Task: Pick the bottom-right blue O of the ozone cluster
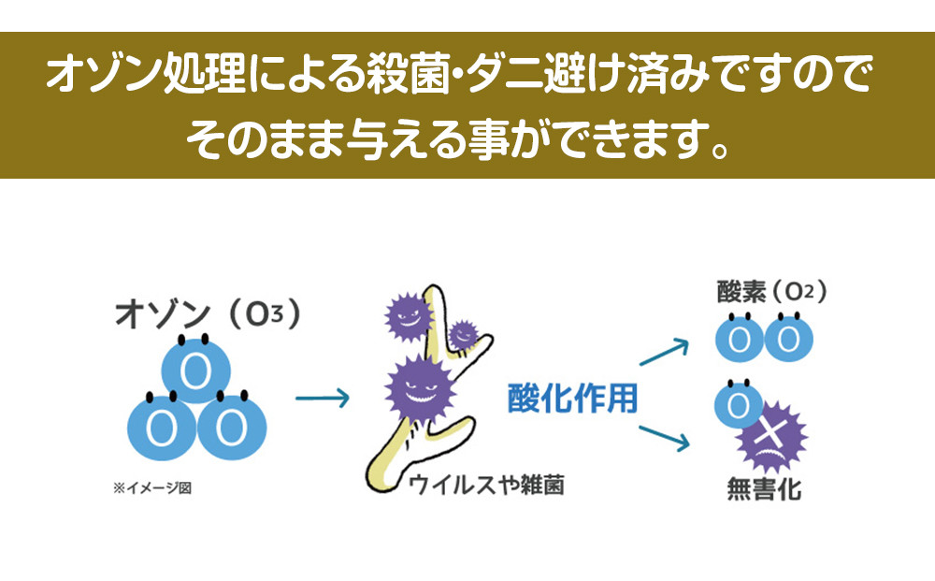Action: [229, 426]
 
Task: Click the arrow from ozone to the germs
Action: [322, 399]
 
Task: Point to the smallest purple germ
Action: [463, 333]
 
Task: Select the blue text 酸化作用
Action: [572, 399]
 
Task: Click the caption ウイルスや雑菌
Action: [485, 486]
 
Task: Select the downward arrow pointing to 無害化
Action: [664, 439]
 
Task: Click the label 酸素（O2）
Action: [770, 293]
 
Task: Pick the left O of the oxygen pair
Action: [740, 339]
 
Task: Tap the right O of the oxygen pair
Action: [787, 339]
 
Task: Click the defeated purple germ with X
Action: [770, 437]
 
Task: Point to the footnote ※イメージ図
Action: [151, 487]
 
